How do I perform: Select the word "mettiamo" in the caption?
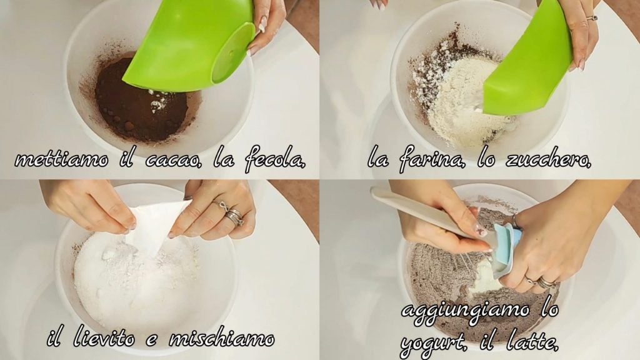(x=61, y=159)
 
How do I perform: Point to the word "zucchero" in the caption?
(x=547, y=160)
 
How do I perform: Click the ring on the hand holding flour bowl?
(x=591, y=18)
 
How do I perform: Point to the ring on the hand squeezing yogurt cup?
(x=544, y=282)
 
